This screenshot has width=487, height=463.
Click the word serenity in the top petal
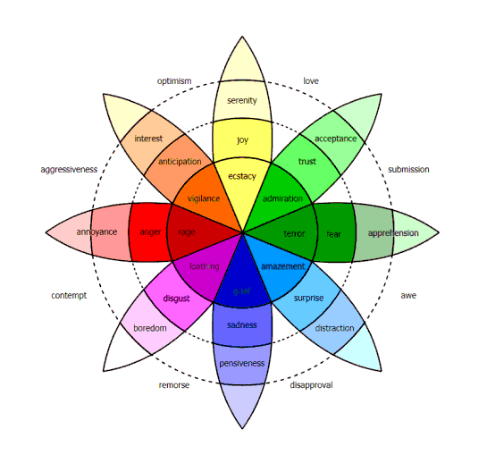(242, 101)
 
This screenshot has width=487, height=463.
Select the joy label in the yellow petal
(242, 140)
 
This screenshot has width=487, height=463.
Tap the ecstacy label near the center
(242, 176)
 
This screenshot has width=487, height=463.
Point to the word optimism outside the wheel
(175, 80)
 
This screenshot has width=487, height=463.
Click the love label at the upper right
(311, 80)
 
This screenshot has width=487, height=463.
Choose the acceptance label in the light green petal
(335, 139)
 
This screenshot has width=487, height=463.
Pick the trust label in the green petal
(307, 162)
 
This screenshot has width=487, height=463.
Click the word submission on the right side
(407, 169)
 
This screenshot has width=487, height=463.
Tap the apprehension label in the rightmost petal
(393, 233)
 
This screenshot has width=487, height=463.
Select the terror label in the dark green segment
(294, 233)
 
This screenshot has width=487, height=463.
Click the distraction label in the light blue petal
(334, 328)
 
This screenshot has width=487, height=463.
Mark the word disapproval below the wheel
(312, 385)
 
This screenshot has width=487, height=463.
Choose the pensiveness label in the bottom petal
(242, 364)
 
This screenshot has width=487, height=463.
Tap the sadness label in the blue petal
(242, 324)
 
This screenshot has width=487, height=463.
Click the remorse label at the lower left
(174, 385)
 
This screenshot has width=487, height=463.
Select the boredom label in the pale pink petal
(150, 328)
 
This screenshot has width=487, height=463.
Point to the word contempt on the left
(69, 296)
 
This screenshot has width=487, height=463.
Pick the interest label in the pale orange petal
(148, 139)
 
